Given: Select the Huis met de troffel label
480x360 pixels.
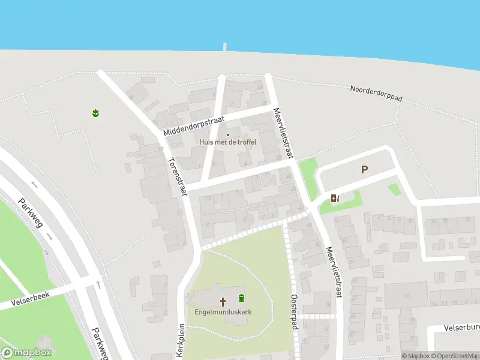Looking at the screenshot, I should (228, 142).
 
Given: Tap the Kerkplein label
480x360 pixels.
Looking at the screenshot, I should (181, 340).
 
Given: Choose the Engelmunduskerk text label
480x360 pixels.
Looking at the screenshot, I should (222, 311).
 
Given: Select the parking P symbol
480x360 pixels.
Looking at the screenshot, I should (364, 170).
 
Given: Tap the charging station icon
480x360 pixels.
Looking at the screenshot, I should (335, 198).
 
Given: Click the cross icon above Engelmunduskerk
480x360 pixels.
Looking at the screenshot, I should (223, 301).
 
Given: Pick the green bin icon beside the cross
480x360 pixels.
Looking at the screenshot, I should (241, 298).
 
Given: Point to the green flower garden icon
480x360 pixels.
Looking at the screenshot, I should (95, 113).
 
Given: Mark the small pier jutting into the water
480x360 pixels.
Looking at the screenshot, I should (225, 47).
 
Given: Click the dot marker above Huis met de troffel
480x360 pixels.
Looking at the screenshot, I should (227, 134).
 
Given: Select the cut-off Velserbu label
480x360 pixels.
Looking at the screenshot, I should (461, 328).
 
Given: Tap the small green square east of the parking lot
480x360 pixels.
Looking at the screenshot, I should (394, 189).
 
